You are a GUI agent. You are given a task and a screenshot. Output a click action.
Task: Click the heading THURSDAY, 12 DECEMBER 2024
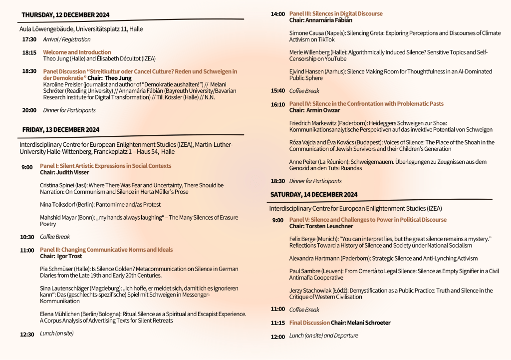coord(65,15)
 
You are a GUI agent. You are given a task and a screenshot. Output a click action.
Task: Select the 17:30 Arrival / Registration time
coord(29,39)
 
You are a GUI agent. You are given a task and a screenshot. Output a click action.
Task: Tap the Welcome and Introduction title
coord(77,52)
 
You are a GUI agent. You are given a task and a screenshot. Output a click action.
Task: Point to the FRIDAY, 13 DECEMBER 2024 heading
coord(61,130)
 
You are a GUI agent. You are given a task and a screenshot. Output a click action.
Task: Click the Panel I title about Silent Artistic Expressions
coord(105,166)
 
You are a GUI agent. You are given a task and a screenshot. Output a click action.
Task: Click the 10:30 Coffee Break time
coord(27,237)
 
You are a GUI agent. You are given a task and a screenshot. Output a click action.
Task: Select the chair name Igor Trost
coord(70,256)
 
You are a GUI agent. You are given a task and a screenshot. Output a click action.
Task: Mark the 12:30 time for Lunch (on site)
coord(27,335)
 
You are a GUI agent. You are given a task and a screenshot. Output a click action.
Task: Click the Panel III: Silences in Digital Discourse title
coord(336,13)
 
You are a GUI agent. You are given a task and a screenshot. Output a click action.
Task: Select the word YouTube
coord(333,59)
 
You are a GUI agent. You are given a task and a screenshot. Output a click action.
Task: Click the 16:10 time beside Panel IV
coord(278,104)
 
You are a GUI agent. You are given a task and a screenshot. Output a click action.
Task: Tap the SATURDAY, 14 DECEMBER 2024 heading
coord(314,194)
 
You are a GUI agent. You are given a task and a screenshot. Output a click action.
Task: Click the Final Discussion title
coord(309,323)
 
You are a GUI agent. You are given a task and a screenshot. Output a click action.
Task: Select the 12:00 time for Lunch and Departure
coord(277,337)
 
